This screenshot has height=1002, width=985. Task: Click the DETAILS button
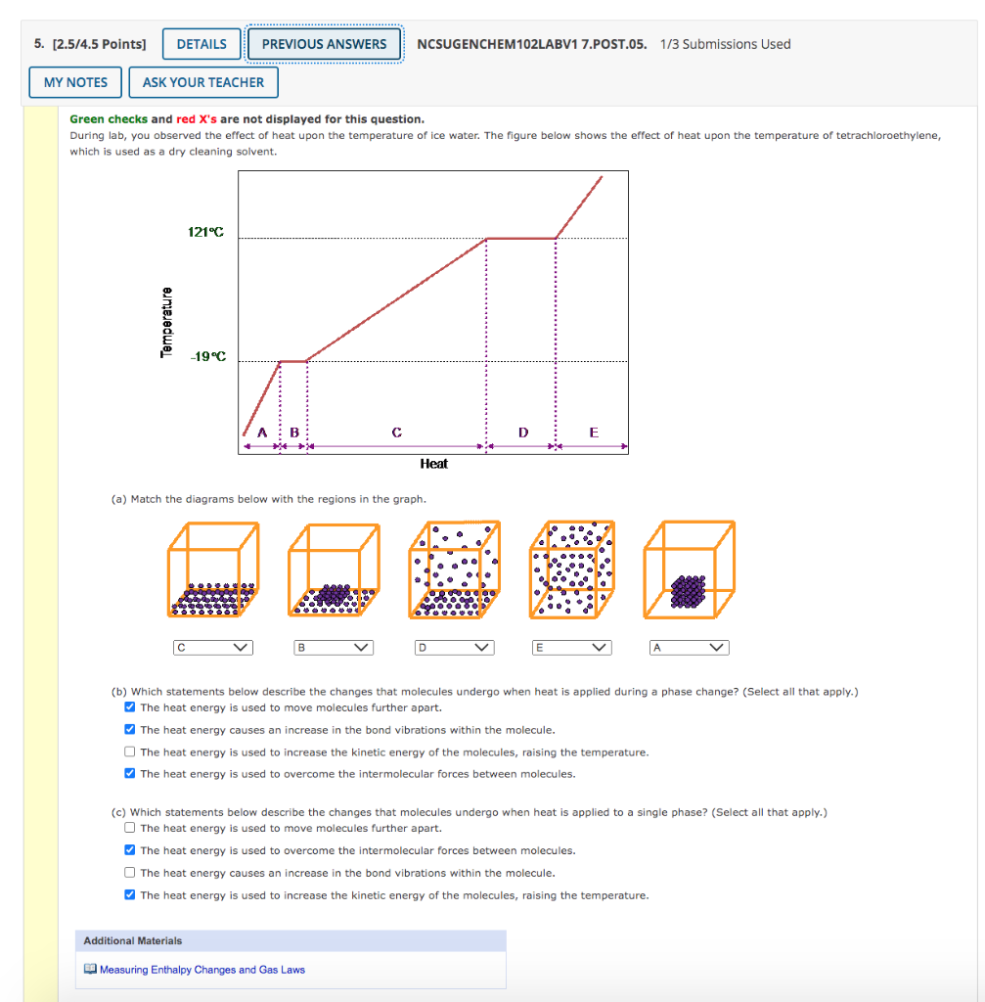201,44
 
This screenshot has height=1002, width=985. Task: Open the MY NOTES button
75,82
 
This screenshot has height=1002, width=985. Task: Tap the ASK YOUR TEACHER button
203,82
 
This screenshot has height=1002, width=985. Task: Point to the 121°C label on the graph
205,232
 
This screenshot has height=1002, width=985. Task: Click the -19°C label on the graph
207,356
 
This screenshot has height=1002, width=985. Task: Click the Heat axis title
433,464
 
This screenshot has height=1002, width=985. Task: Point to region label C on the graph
396,432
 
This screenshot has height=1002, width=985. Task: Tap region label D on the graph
522,432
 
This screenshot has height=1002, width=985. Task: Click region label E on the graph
593,432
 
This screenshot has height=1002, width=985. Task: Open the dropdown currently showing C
212,647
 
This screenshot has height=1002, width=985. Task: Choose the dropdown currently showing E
571,647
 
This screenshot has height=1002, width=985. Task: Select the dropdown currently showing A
690,647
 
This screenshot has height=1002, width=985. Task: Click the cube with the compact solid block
689,570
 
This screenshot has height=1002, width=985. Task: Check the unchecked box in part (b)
130,752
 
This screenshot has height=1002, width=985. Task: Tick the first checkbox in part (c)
130,828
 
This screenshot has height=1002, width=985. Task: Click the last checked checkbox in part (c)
130,895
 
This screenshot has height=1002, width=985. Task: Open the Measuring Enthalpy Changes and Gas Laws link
201,970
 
